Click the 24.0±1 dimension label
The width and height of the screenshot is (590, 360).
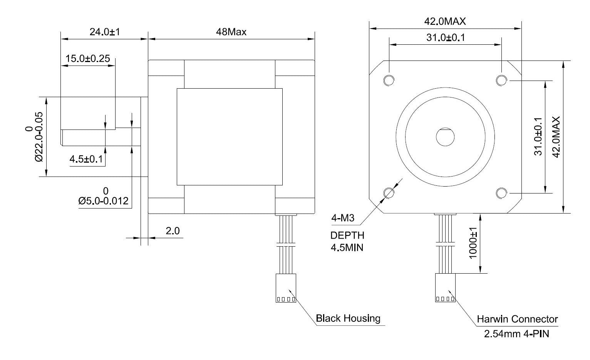pyautogui.click(x=105, y=32)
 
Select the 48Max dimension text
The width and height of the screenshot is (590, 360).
pyautogui.click(x=231, y=32)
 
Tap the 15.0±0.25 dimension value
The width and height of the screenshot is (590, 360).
pyautogui.click(x=88, y=59)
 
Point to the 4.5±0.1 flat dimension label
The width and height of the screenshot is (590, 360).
pyautogui.click(x=86, y=159)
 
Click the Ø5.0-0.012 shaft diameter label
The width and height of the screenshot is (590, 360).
pyautogui.click(x=103, y=201)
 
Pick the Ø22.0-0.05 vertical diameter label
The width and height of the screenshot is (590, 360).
pyautogui.click(x=39, y=137)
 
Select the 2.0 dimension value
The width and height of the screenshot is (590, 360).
pyautogui.click(x=173, y=231)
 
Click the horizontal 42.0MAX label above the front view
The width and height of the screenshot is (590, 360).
pyautogui.click(x=445, y=21)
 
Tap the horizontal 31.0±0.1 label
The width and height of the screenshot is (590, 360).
pyautogui.click(x=446, y=38)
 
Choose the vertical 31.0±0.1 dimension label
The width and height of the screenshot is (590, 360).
pyautogui.click(x=538, y=136)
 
